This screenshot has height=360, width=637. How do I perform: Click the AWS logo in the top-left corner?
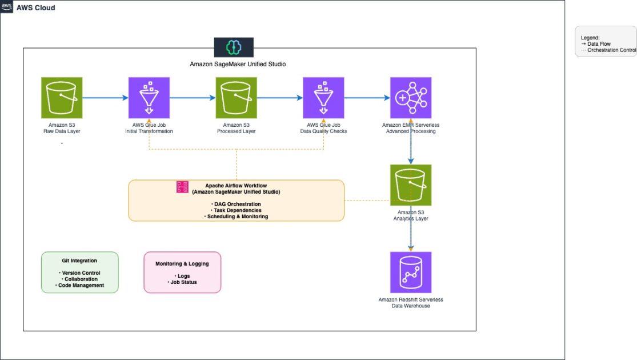point(7,7)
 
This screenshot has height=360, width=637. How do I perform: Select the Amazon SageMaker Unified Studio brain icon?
point(233,47)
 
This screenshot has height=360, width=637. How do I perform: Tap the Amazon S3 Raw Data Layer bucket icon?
point(62,98)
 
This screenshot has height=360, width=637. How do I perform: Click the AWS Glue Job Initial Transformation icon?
point(149,98)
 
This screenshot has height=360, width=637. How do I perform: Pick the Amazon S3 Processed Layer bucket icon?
point(236,98)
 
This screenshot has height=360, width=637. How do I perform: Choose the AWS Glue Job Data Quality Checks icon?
point(323,98)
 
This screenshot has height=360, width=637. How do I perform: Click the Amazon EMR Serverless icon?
point(410,98)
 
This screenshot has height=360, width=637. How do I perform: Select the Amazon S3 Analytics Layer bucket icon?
point(410,185)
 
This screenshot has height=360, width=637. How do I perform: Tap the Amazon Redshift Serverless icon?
point(410,272)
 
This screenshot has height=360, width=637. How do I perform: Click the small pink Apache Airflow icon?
point(182,187)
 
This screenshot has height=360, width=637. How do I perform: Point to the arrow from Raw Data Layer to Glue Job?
point(105,98)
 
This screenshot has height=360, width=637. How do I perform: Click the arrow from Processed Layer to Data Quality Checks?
point(279,98)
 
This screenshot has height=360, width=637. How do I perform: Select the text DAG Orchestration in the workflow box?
point(237,204)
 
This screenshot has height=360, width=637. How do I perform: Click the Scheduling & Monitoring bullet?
point(236,217)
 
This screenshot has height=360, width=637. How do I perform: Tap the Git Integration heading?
point(79,261)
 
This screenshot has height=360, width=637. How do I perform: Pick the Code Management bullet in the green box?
point(80,285)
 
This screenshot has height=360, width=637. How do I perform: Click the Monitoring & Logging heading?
point(182,263)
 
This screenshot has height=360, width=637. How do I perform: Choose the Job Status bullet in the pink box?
point(182,282)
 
